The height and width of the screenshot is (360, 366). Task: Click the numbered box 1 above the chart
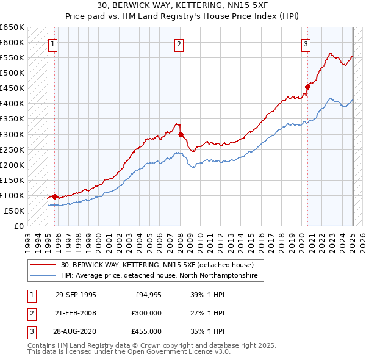(53, 44)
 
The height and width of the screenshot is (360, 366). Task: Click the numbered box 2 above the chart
(179, 44)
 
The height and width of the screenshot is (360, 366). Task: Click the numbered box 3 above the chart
(306, 44)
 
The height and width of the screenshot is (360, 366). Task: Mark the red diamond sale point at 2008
(181, 134)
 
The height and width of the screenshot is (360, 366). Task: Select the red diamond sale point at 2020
(307, 87)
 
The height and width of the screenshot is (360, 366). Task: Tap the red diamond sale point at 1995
(55, 196)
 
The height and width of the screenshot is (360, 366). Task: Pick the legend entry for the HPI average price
(159, 276)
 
